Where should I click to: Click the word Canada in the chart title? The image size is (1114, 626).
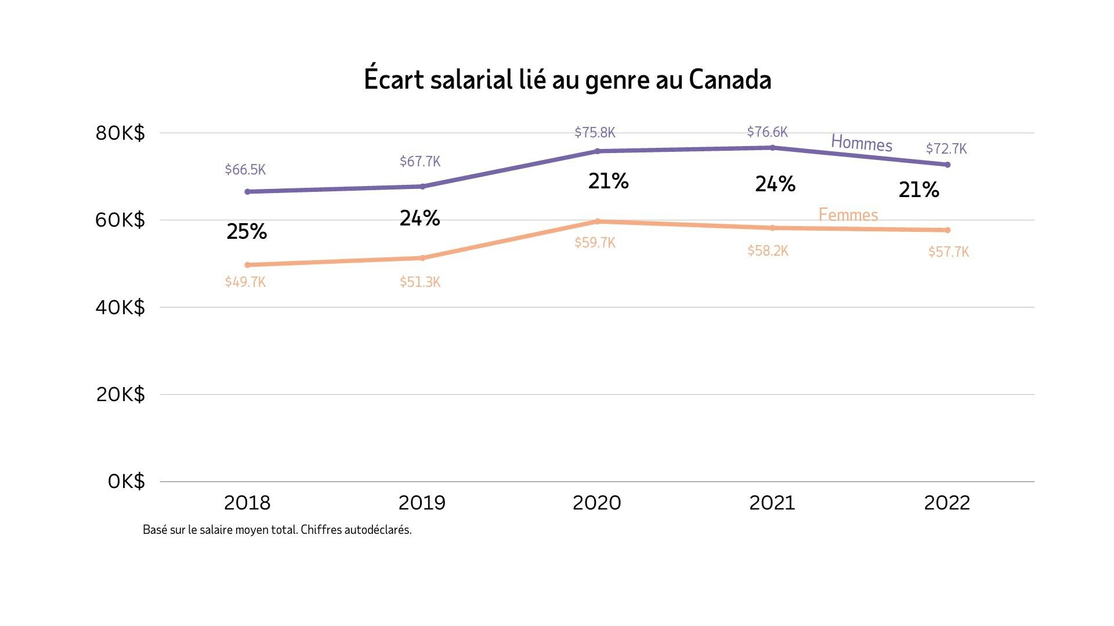[730, 80]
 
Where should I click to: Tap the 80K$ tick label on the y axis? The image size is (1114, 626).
[120, 133]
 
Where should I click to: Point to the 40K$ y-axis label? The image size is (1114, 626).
[120, 307]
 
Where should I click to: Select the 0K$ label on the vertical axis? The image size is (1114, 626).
[126, 481]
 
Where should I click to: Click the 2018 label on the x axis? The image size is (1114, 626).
[247, 503]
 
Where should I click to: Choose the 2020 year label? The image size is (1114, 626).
[596, 503]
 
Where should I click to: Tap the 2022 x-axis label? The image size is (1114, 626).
[947, 503]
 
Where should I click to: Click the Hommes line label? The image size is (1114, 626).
[862, 143]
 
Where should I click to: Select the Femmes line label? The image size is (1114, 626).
[848, 215]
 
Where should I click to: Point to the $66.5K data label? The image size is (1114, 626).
[245, 170]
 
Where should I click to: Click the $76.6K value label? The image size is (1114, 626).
[767, 132]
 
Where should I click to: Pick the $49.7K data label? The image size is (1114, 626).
[245, 282]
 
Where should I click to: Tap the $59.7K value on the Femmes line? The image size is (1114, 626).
[595, 243]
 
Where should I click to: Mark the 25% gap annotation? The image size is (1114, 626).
[247, 232]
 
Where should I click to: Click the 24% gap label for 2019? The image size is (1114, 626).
[419, 219]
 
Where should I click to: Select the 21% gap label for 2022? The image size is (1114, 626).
[918, 190]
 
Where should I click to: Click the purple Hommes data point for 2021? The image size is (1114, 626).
[772, 148]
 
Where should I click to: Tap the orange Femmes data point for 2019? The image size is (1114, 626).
[422, 258]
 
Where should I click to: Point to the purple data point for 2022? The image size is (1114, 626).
[947, 165]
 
